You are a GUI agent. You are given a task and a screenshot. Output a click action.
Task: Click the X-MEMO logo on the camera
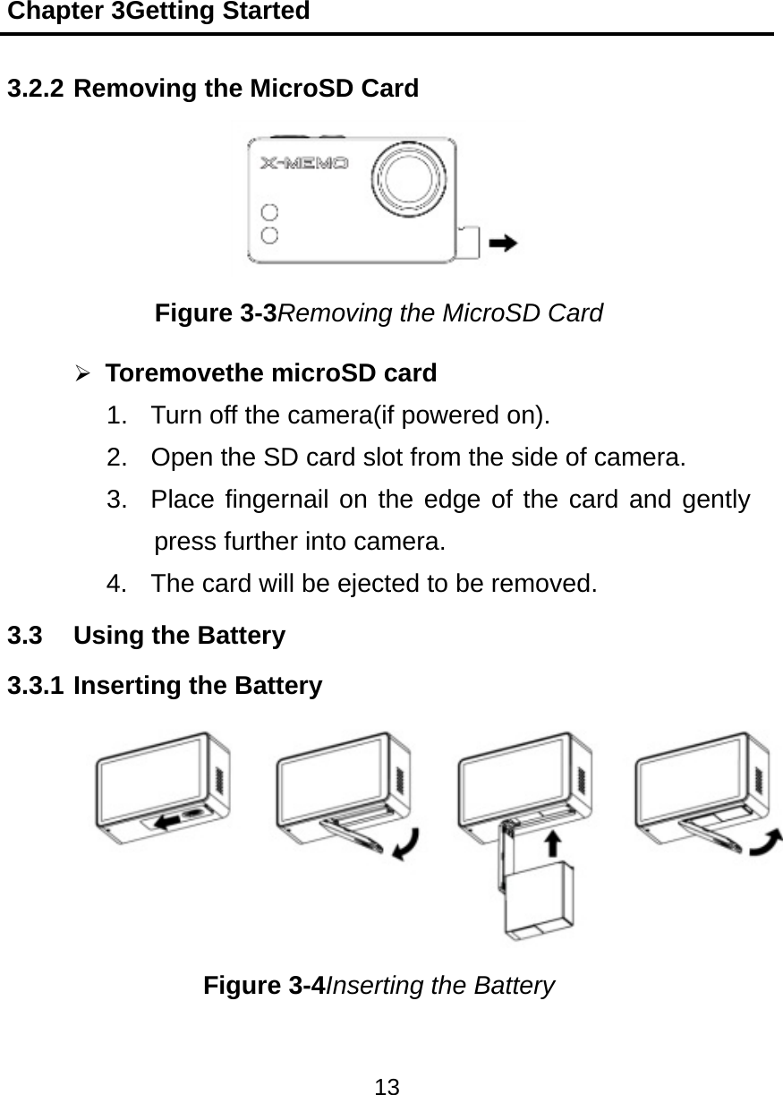pos(303,164)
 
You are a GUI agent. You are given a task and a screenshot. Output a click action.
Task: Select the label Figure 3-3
pos(216,313)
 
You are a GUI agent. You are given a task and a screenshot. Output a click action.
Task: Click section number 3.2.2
pos(35,89)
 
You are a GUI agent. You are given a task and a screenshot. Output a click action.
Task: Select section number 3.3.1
pos(35,686)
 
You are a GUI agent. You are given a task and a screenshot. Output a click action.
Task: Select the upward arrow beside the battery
pos(553,842)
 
